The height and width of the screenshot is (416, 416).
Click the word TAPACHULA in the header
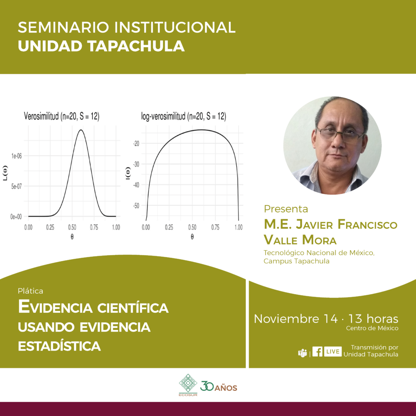coord(136,46)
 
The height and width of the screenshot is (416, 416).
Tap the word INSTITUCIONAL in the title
coord(175,27)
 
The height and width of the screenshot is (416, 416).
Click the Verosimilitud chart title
coord(62,116)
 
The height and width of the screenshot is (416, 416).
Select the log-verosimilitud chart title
coord(184,116)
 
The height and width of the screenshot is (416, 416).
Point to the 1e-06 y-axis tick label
coord(16,156)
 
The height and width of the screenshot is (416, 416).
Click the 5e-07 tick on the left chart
coord(16,186)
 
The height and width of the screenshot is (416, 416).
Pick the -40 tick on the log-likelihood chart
coord(136,185)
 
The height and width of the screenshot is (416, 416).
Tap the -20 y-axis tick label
coord(136,143)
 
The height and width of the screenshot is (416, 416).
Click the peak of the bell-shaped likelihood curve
coord(81,130)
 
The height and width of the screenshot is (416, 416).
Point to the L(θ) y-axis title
coord(5,173)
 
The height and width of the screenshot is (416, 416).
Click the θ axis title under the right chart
coord(192,237)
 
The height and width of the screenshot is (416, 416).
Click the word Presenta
coord(286,209)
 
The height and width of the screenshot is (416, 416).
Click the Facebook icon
coord(317,352)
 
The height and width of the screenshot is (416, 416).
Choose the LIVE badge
coord(333,352)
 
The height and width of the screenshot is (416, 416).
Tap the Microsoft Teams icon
coord(302,353)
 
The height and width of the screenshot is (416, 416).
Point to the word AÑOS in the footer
coord(226,388)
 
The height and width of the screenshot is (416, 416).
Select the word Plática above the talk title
coord(30,291)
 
